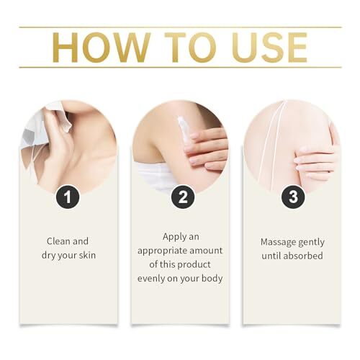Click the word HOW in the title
tap(101, 48)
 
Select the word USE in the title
tap(269, 48)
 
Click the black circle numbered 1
tap(68, 197)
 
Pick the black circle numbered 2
tap(183, 197)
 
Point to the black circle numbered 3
tap(293, 197)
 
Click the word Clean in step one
tap(58, 241)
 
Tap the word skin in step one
tap(87, 255)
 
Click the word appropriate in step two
tap(161, 251)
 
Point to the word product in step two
tap(194, 264)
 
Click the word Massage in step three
tap(276, 242)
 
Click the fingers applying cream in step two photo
tap(207, 149)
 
